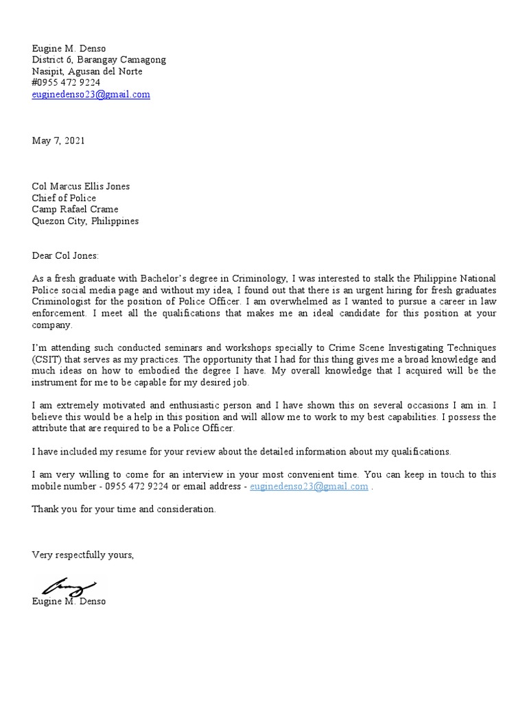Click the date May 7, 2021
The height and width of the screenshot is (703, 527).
coord(58,141)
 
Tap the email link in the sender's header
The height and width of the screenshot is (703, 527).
coord(91,95)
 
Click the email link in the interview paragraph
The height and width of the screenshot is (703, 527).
coord(309,486)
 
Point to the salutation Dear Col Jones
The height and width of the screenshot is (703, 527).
coord(65,256)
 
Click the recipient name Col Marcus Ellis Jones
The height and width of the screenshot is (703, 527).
coord(80,186)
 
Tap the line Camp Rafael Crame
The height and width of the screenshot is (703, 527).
coord(75,209)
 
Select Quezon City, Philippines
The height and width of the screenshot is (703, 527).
coord(85,221)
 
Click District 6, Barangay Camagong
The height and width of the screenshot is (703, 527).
coord(99,60)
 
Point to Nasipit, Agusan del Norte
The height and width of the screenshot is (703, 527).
coord(87,71)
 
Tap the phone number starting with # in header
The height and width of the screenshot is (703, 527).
coord(66,83)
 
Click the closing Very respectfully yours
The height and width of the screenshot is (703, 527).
coord(82,555)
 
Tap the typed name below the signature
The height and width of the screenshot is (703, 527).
coord(69,601)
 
